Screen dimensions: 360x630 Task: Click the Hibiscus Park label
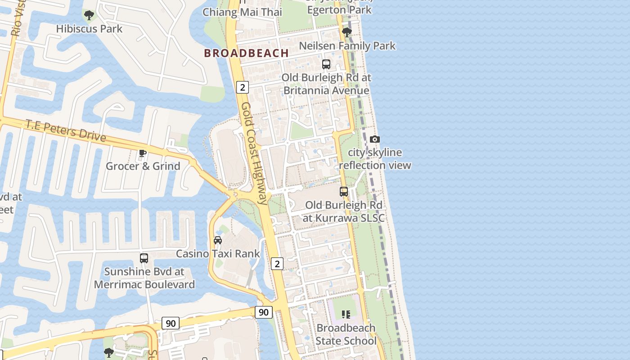coord(89,29)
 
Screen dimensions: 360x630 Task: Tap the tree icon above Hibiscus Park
coord(89,15)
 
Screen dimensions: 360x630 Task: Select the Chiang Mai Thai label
coord(242,12)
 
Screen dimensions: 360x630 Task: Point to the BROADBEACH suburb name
coord(247,53)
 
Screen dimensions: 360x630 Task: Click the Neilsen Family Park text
coord(347,46)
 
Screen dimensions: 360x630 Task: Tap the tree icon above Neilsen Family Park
coord(346,32)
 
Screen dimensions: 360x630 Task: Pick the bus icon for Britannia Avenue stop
coord(326,64)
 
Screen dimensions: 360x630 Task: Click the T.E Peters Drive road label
coord(66,130)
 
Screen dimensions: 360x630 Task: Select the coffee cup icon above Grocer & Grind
coord(143,153)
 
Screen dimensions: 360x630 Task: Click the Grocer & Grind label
coord(143,166)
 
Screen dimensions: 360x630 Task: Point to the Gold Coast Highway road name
coord(254,153)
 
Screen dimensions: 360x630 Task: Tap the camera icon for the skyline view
coord(375,139)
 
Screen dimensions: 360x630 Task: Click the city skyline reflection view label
coord(375,159)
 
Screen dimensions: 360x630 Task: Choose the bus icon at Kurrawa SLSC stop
coord(344,192)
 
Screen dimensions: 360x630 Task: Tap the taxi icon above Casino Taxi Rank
coord(218,240)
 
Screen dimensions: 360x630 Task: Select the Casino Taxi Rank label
coord(218,254)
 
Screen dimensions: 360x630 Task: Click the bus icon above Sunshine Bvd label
coord(144,258)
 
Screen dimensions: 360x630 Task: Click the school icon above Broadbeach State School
coord(346,314)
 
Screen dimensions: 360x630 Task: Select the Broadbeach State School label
coord(346,334)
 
